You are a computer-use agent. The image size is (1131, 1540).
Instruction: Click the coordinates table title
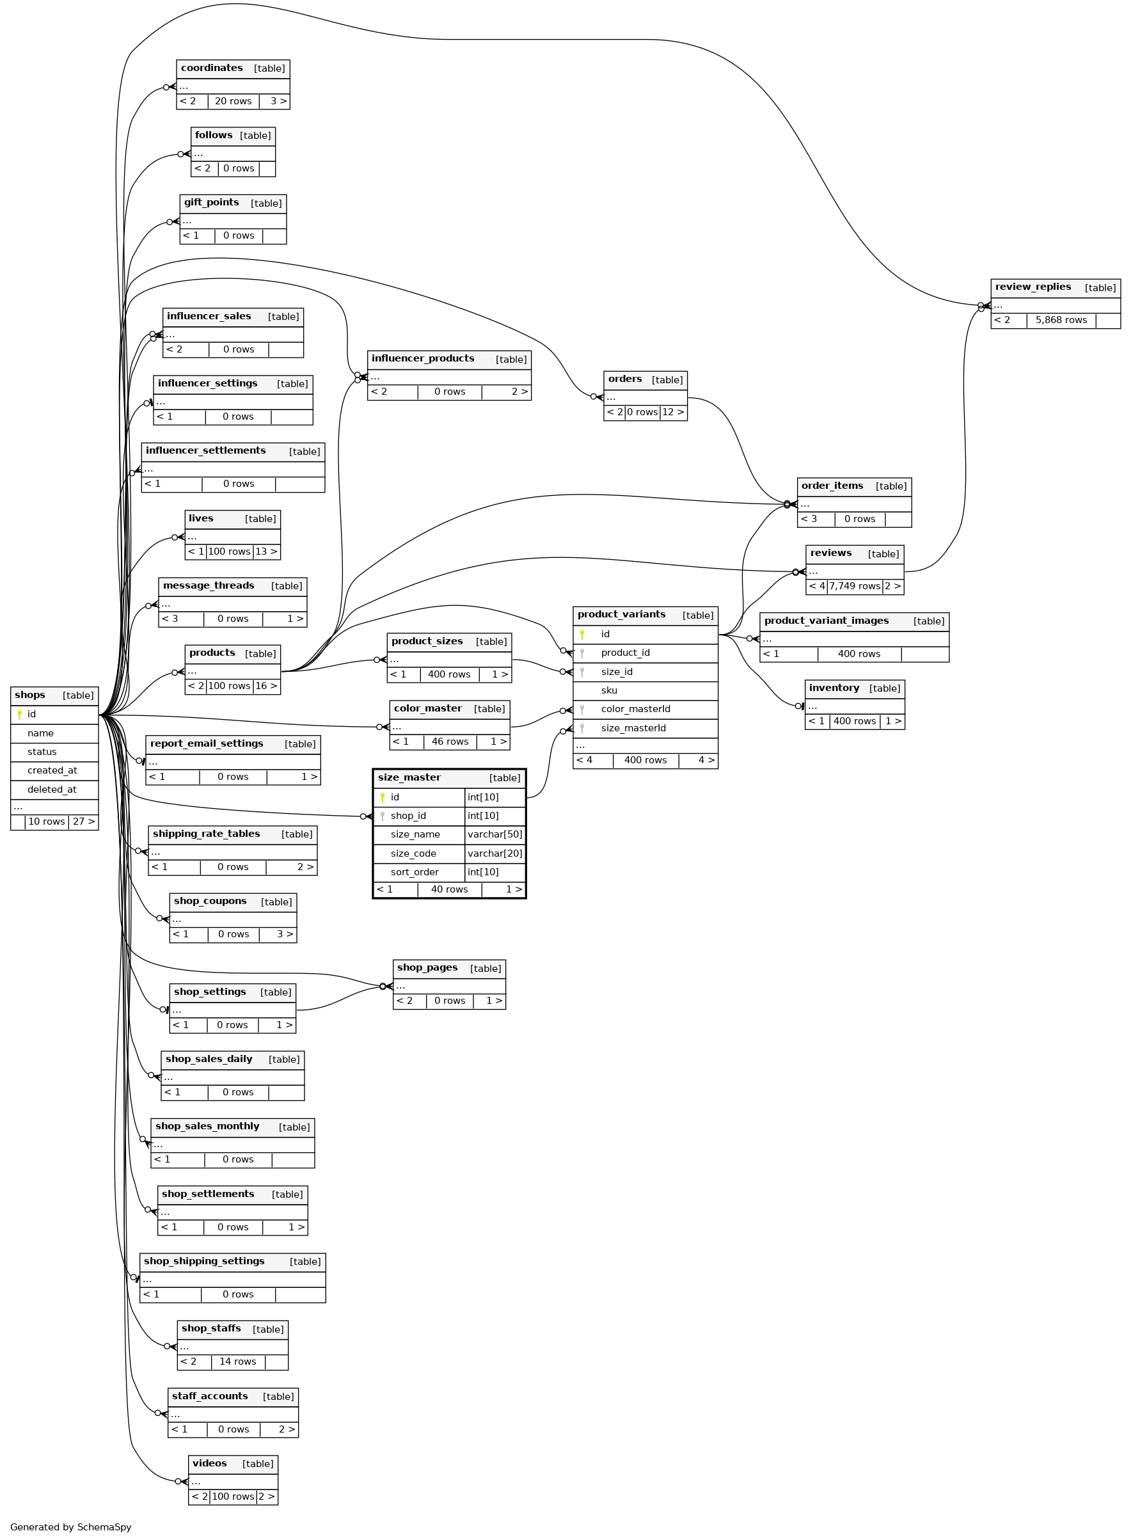coord(212,68)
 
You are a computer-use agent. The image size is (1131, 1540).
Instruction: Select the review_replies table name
coord(1032,287)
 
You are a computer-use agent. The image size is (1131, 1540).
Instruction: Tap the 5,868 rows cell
coord(1061,320)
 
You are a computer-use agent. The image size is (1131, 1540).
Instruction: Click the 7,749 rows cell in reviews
coord(855,586)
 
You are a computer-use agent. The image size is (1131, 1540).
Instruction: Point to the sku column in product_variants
coord(608,690)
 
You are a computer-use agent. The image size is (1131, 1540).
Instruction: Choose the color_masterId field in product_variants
coord(635,709)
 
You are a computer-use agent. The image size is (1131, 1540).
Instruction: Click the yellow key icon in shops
coord(19,714)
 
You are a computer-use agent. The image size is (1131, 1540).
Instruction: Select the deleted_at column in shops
coord(52,790)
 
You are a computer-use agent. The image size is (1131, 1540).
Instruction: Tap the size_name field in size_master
coord(415,834)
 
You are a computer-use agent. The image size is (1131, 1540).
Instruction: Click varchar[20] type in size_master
coord(494,853)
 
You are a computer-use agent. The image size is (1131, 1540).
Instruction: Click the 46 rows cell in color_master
coord(450,742)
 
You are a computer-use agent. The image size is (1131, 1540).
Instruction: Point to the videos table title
coord(209,1463)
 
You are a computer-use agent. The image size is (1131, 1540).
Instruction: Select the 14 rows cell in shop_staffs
coord(237,1361)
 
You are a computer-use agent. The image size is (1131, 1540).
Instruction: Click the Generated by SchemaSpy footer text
coord(70,1527)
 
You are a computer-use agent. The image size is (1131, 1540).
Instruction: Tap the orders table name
coord(624,379)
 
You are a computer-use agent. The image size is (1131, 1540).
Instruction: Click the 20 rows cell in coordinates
coord(233,100)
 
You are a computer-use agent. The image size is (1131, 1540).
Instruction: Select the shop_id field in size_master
coord(408,816)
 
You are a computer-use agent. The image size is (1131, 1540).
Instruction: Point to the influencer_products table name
coord(422,358)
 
